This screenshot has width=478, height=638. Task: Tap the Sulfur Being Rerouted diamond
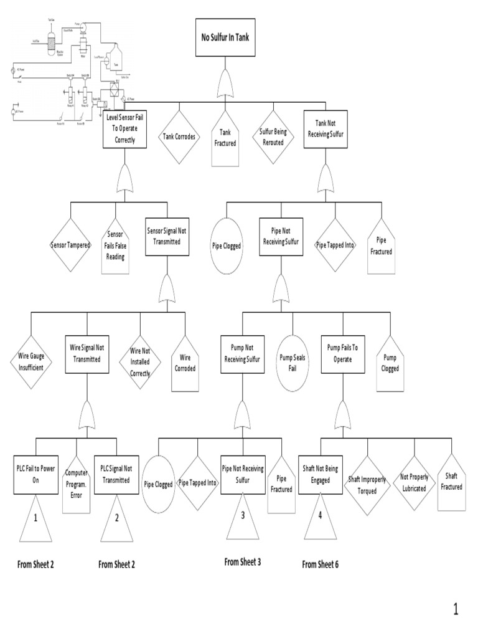271,136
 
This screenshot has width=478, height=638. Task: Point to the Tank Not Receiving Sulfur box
324,129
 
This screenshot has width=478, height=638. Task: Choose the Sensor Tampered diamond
70,244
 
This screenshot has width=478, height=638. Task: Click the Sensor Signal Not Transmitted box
166,237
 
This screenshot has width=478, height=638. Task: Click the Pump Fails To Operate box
342,355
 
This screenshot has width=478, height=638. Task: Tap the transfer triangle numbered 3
243,518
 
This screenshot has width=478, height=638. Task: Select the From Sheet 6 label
320,564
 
